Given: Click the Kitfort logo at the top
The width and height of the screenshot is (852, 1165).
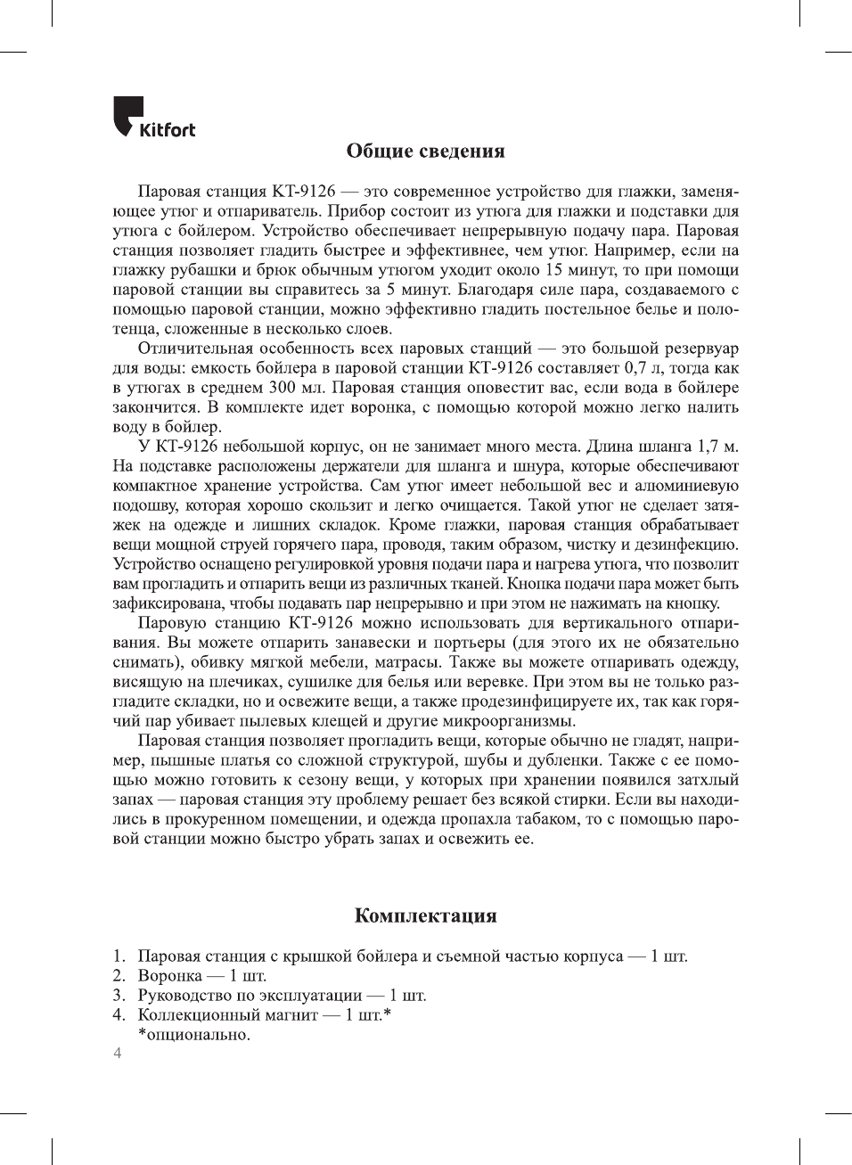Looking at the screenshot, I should coord(154,118).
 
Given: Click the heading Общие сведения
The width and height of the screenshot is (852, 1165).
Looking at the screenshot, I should coord(425,151).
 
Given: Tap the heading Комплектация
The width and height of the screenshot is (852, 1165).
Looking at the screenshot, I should coord(425,915).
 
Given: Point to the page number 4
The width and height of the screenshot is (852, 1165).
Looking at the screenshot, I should coord(117,1054).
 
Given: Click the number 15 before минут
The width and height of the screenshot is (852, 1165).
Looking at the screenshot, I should coord(554,270).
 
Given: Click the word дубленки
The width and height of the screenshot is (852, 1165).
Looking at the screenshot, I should coord(566,760).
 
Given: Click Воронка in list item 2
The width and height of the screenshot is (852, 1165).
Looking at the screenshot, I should coord(169,976).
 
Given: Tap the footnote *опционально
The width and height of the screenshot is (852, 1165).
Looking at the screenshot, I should coord(193,1035).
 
